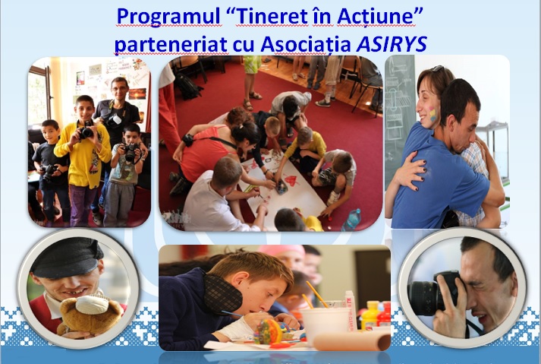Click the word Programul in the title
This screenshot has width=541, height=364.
[168, 17]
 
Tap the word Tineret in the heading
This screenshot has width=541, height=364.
[272, 16]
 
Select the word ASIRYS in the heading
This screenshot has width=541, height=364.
[392, 44]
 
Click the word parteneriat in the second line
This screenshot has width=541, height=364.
[171, 45]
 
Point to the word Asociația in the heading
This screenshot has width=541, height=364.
[306, 45]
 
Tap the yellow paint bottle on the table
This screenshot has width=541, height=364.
[370, 315]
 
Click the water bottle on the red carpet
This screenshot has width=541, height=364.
[351, 220]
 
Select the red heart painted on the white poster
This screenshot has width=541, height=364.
[291, 180]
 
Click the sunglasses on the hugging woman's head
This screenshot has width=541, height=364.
[436, 69]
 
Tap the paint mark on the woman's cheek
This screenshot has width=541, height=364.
[432, 115]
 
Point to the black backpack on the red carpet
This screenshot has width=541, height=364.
[187, 86]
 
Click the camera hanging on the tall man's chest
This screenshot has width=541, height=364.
[114, 120]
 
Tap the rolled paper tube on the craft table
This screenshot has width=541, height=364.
[351, 341]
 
